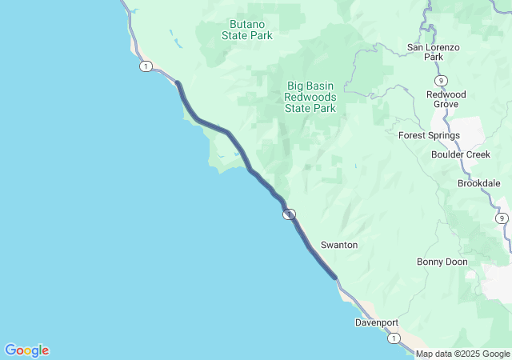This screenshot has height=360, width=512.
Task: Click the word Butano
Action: (x=246, y=23)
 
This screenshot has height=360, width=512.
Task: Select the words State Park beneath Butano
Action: (x=246, y=35)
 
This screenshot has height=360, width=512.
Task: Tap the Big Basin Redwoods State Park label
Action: (x=310, y=96)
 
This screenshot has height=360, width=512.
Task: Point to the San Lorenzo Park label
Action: (x=434, y=52)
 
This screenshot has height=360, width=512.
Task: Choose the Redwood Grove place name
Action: (x=445, y=99)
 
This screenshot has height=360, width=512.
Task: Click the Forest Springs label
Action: (x=429, y=135)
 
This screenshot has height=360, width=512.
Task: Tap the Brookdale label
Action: (x=479, y=183)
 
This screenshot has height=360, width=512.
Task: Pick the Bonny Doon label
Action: (x=442, y=262)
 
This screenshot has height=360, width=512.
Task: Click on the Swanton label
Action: (x=339, y=244)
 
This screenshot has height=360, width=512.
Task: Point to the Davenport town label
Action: (x=377, y=322)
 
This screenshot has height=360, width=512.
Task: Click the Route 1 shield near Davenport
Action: (x=394, y=339)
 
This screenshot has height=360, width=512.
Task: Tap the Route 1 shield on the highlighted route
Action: (x=289, y=214)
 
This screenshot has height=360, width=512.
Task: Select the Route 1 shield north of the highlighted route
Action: (x=145, y=66)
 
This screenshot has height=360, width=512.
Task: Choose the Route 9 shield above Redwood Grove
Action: (x=441, y=81)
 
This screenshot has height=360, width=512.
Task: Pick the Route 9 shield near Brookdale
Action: (x=502, y=218)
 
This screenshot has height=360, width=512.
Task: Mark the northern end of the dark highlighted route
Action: (x=178, y=83)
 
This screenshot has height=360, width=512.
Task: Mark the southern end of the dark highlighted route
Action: (x=335, y=278)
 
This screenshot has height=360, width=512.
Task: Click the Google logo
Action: (x=27, y=350)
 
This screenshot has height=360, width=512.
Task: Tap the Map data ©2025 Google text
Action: (x=462, y=354)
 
